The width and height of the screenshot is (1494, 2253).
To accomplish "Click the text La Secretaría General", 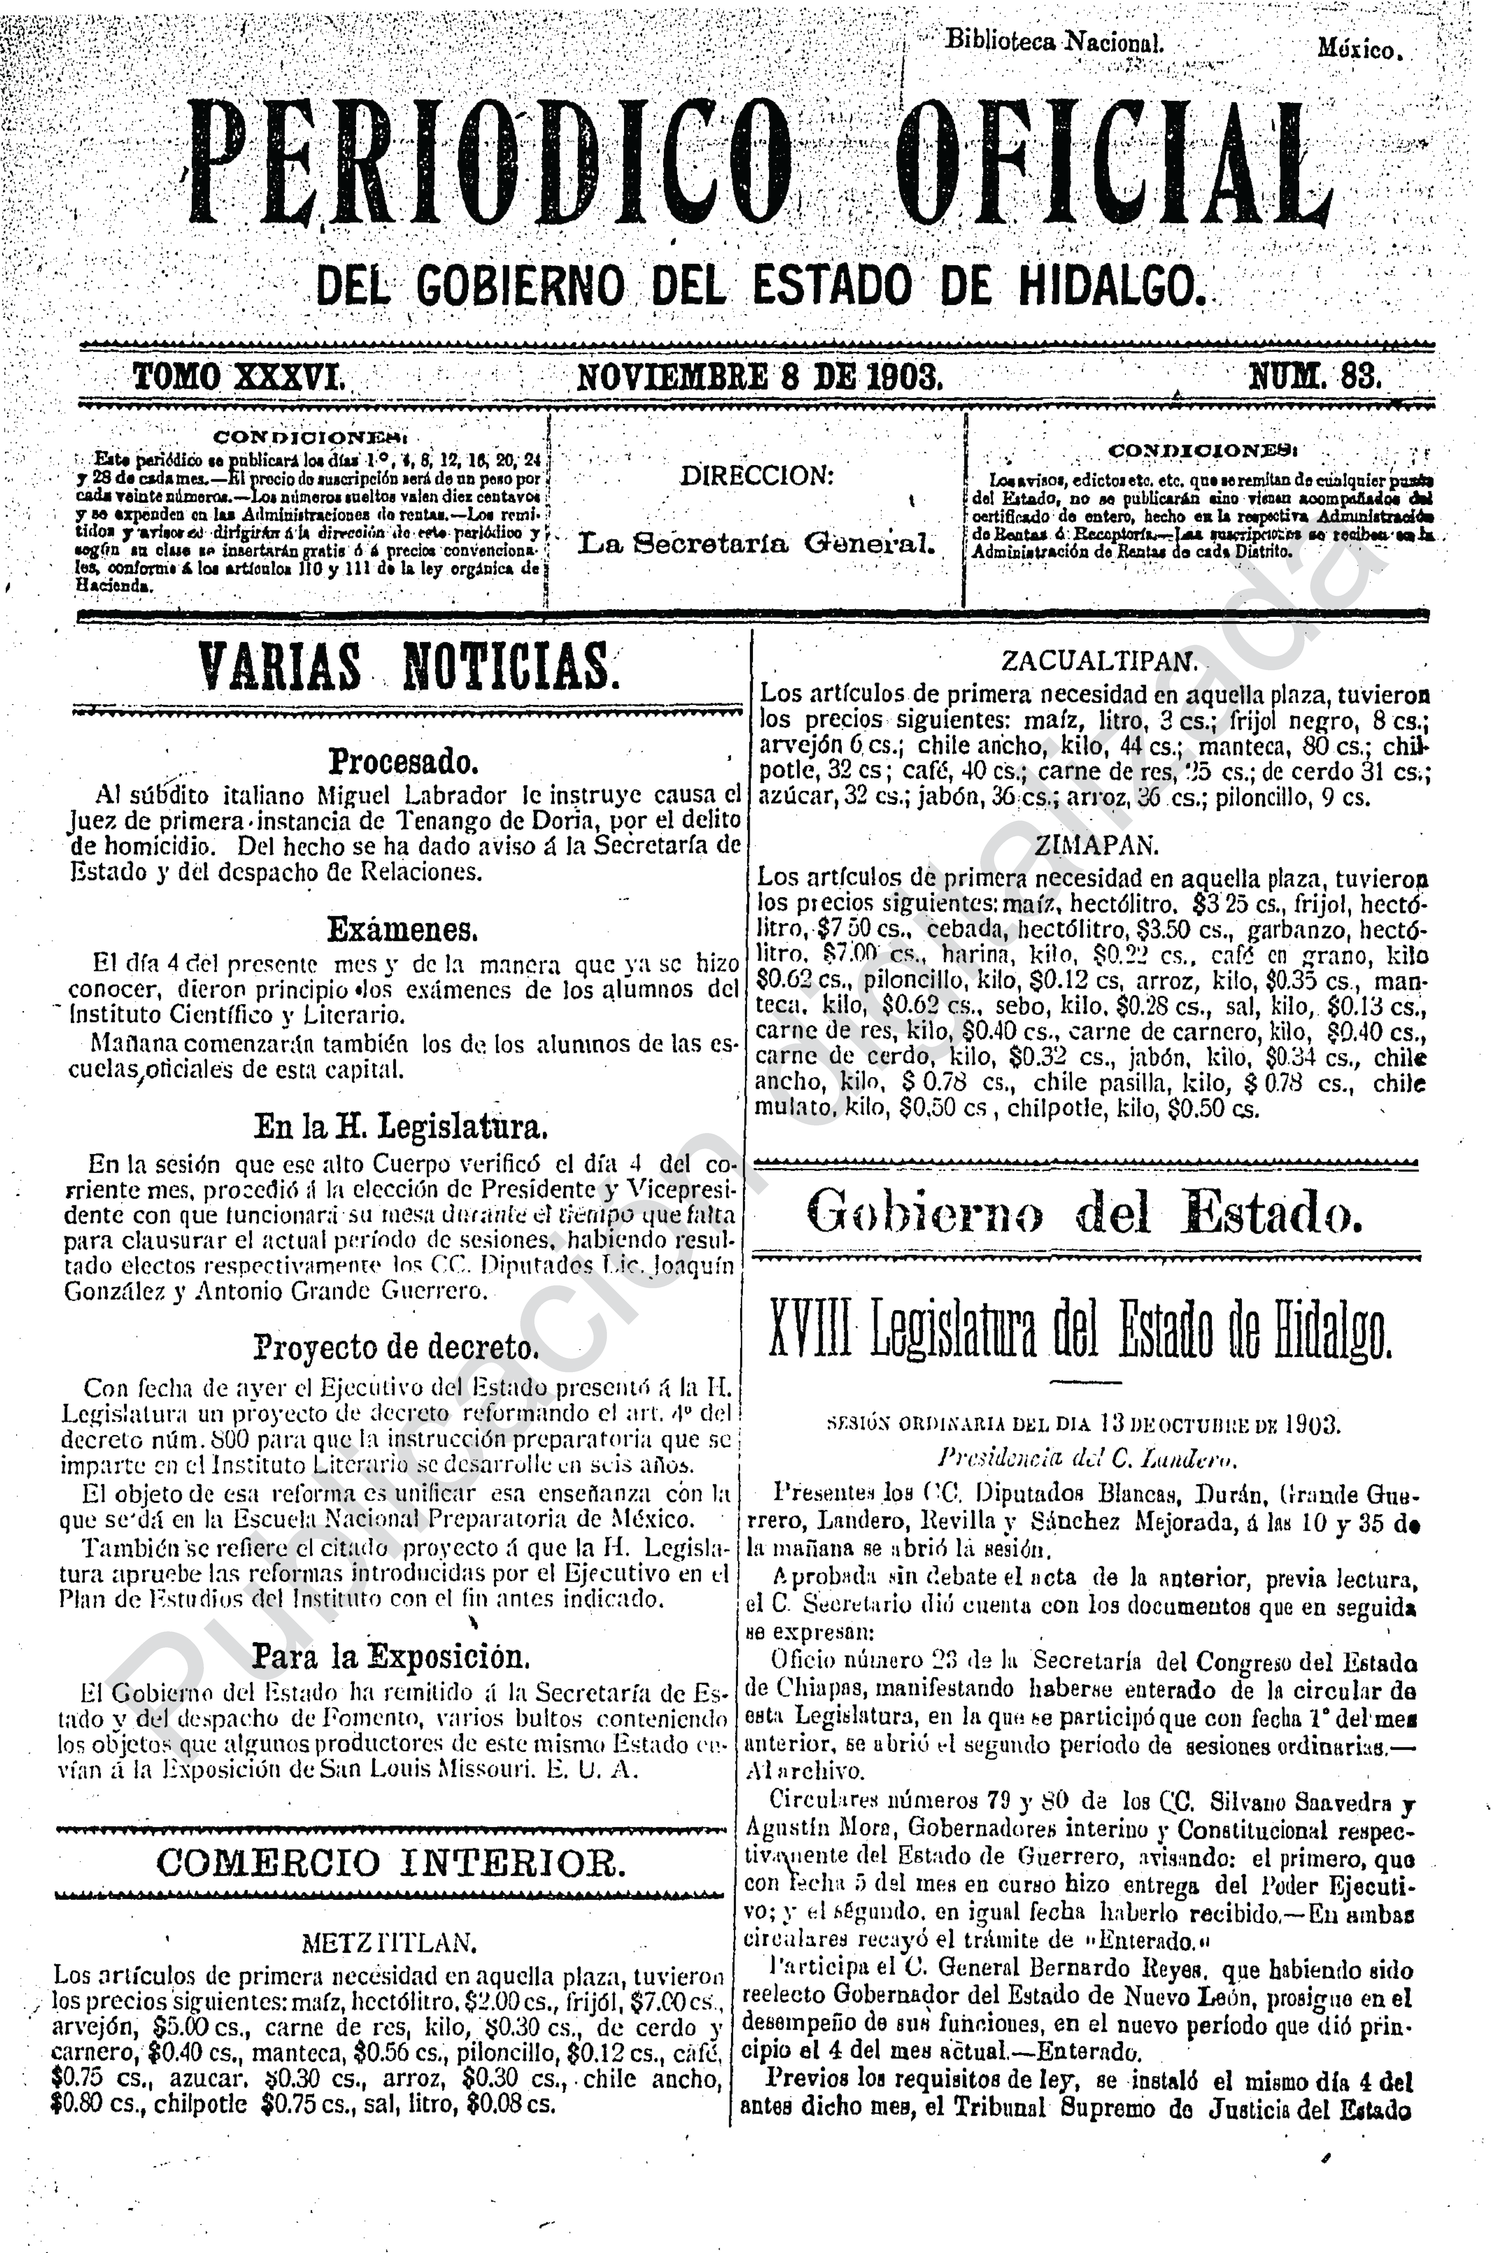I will pyautogui.click(x=757, y=543).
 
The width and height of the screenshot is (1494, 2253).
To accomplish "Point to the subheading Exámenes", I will pyautogui.click(x=402, y=928).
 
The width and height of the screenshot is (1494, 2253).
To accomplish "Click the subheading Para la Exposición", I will pyautogui.click(x=391, y=1657).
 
